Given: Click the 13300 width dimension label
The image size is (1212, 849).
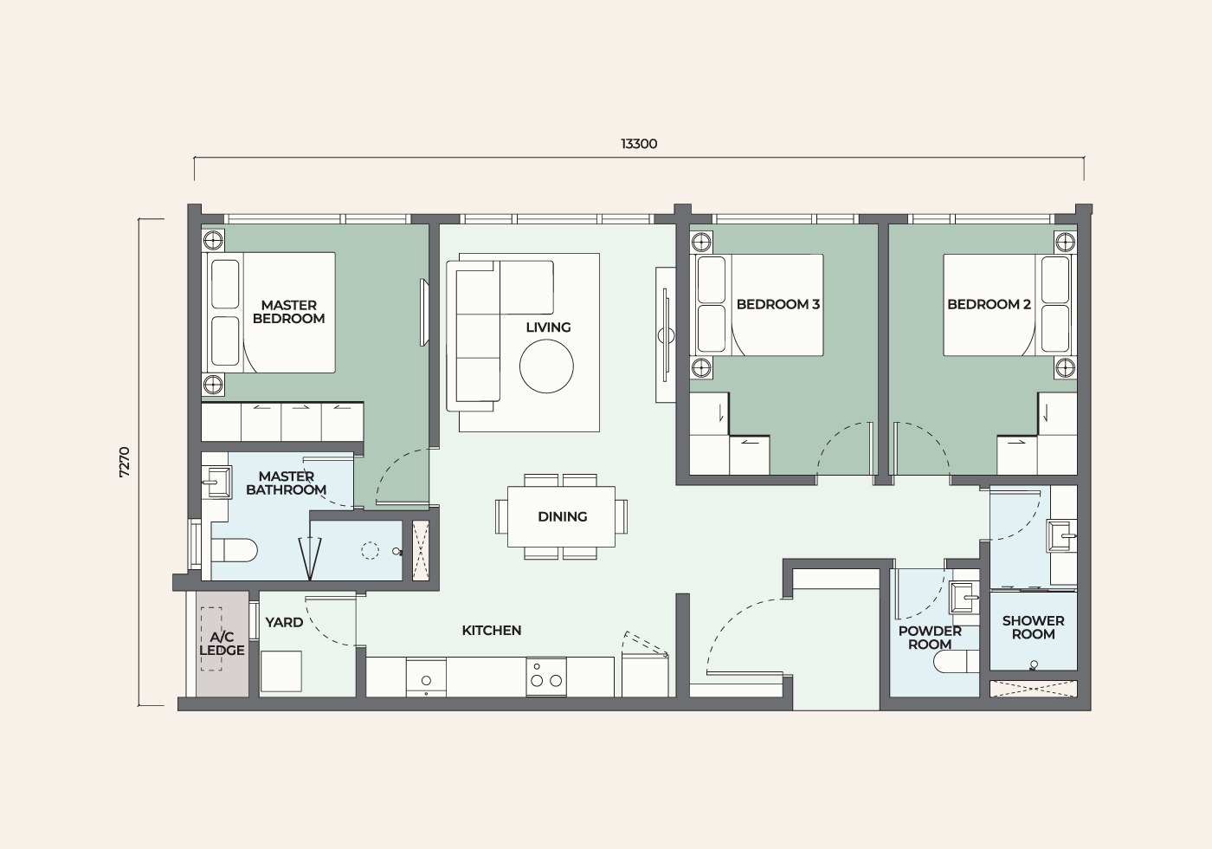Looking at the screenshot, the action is click(639, 144).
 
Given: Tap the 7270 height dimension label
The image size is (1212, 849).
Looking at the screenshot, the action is click(125, 462).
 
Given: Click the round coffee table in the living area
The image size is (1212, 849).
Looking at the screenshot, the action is click(546, 366).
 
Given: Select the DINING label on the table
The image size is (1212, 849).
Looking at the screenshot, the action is click(562, 516).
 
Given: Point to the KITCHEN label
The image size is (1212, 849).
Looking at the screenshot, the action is click(492, 631).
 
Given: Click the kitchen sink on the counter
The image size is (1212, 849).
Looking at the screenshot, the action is click(426, 677).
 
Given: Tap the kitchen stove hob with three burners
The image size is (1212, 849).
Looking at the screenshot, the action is click(546, 677).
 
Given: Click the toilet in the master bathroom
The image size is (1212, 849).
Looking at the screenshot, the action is click(234, 551).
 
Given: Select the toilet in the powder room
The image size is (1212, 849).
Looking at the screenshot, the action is click(957, 662).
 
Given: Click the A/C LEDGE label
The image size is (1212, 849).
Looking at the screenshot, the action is click(222, 643).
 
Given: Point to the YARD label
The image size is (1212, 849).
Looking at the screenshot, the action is click(284, 623).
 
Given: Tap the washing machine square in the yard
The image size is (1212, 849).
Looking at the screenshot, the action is click(281, 671).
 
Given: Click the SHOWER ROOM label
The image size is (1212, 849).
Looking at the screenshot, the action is click(1033, 627).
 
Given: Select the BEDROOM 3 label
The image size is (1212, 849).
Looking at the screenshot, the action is click(778, 304).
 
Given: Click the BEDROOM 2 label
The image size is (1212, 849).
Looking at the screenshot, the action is click(989, 304).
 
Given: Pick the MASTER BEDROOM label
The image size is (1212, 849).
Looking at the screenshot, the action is click(289, 312).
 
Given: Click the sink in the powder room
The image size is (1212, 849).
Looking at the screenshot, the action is click(964, 598).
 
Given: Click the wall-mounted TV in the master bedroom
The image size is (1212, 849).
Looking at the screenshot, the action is click(425, 313).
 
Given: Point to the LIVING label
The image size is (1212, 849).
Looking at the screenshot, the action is click(548, 327).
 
